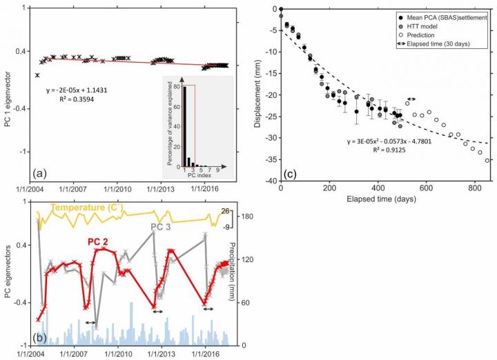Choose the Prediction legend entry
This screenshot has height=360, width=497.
click(422, 34)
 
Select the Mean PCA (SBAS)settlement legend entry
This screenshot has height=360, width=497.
click(443, 17)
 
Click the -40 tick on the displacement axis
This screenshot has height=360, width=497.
click(270, 181)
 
